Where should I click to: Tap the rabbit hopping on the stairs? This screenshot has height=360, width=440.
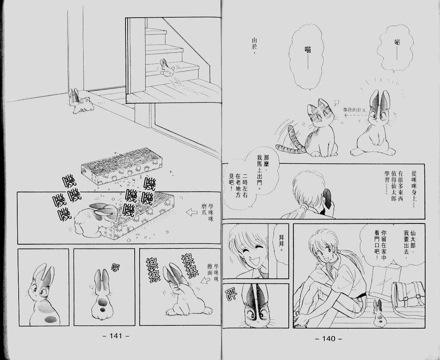(166, 68)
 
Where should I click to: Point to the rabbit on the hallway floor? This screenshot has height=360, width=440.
(80, 102)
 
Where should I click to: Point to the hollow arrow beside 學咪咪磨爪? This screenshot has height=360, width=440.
(191, 212)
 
